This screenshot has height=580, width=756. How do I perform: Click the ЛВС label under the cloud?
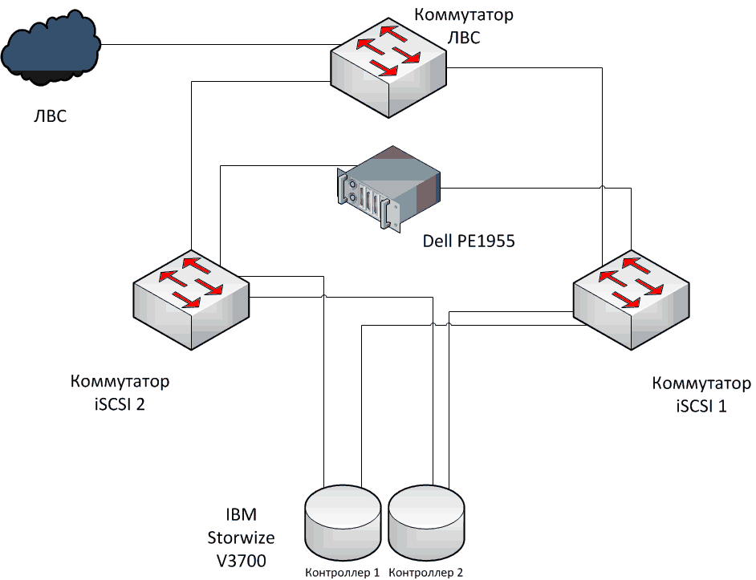pyautogui.click(x=50, y=118)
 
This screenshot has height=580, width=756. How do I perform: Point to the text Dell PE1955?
pyautogui.click(x=469, y=240)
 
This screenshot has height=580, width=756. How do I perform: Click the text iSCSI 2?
pyautogui.click(x=120, y=404)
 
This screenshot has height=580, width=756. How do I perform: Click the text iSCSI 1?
pyautogui.click(x=701, y=405)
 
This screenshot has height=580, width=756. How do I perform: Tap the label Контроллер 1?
pyautogui.click(x=343, y=573)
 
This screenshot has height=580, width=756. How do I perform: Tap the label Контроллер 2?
pyautogui.click(x=426, y=573)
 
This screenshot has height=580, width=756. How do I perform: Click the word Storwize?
pyautogui.click(x=241, y=537)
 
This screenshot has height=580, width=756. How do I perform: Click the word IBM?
pyautogui.click(x=241, y=514)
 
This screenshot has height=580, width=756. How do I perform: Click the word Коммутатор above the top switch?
pyautogui.click(x=463, y=14)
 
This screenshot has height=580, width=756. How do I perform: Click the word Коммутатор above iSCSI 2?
pyautogui.click(x=120, y=381)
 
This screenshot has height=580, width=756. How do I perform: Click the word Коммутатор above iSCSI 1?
pyautogui.click(x=701, y=383)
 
